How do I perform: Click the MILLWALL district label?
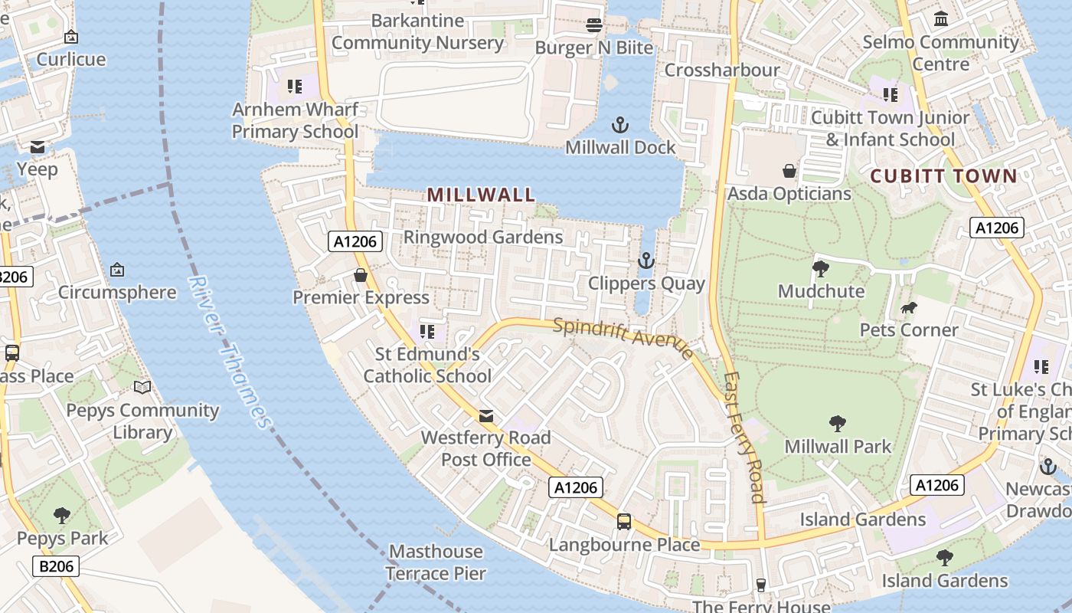click(481, 195)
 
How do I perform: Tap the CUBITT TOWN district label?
click(944, 176)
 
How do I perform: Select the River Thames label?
click(230, 352)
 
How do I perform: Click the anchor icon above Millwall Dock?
click(619, 125)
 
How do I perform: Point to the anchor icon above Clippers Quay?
click(646, 261)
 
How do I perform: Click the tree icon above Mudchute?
click(821, 268)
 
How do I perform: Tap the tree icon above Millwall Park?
click(838, 423)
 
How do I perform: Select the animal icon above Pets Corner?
click(909, 308)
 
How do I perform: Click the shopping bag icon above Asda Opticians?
click(789, 170)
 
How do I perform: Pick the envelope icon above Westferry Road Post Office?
click(486, 415)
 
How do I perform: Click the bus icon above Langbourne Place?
click(624, 522)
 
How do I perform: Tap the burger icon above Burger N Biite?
click(593, 25)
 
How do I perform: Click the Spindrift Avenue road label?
click(623, 337)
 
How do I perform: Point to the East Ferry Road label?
click(745, 437)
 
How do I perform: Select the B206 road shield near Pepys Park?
click(56, 566)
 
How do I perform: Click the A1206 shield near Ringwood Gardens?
click(356, 241)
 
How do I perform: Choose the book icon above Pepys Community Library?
click(142, 387)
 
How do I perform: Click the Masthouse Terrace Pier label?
click(436, 562)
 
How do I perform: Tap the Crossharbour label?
click(722, 70)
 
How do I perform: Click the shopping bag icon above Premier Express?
click(361, 274)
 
